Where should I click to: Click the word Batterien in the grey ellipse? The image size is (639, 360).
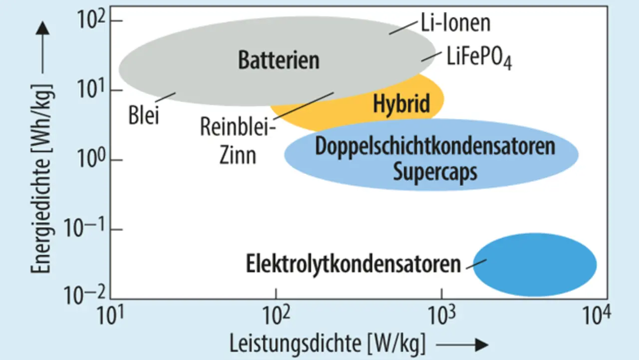[x=278, y=60]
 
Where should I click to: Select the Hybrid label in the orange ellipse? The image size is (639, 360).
[x=401, y=104]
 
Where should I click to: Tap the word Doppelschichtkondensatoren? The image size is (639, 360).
[x=435, y=147]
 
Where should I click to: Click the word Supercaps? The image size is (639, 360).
[x=435, y=172]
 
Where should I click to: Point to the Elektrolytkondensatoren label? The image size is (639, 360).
[x=353, y=264]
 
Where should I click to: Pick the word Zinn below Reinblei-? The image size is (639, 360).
[x=238, y=155]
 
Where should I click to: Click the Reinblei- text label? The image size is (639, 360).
[x=238, y=128]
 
